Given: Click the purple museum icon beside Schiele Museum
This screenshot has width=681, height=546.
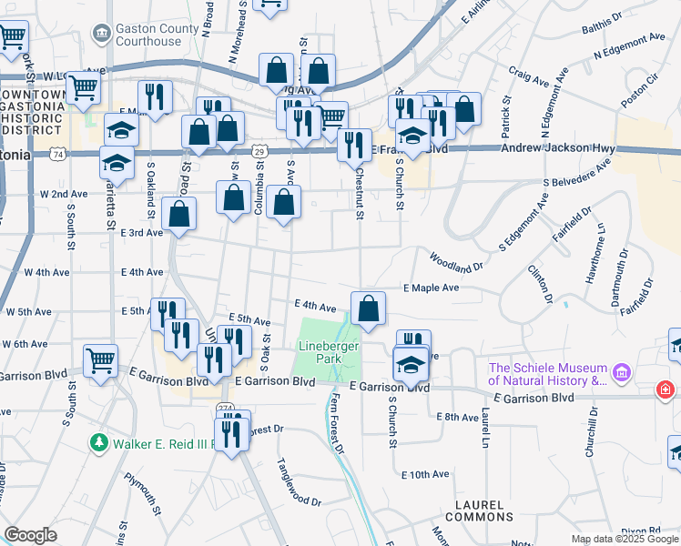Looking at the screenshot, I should [622, 372].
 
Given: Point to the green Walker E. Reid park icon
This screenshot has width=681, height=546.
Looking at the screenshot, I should [99, 443].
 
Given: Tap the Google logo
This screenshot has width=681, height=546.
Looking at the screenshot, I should [30, 535].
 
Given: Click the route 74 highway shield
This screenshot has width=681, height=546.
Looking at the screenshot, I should [59, 156].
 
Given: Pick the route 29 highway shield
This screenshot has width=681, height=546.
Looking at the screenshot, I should [259, 149].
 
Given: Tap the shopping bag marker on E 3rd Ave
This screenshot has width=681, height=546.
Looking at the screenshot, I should [180, 214].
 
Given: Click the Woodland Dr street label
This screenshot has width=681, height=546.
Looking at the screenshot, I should [455, 262].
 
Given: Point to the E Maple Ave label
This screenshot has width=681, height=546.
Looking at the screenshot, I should [431, 288].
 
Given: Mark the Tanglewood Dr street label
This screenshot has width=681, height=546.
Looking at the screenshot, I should [299, 483].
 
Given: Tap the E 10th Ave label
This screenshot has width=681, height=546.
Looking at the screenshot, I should [425, 474].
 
